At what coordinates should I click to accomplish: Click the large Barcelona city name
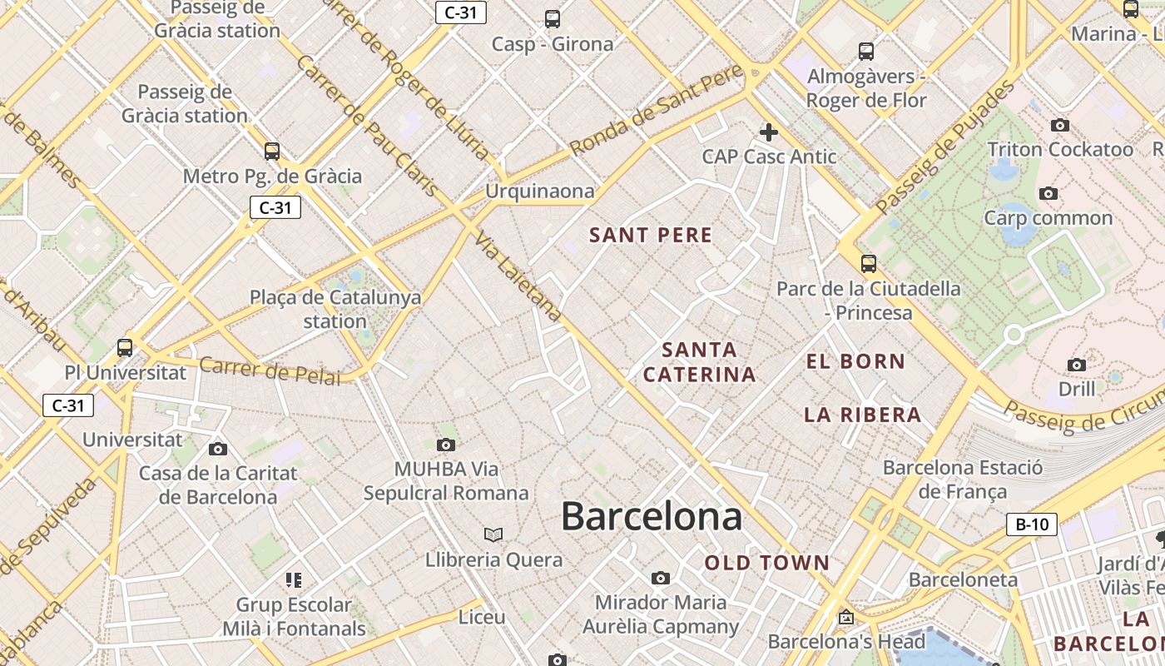651,516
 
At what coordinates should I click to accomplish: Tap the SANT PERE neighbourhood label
651,236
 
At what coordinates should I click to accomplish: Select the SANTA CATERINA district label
699,362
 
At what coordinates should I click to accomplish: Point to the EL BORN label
855,361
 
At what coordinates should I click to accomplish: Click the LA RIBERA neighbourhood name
863,415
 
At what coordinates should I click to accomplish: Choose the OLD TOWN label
767,564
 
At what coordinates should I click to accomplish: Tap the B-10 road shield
1032,524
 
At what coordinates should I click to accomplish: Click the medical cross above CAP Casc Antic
769,132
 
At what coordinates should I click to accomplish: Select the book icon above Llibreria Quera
493,534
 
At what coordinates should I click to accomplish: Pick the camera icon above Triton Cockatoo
1059,126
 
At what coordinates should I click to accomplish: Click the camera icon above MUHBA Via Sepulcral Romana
446,445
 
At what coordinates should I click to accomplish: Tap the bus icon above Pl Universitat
125,348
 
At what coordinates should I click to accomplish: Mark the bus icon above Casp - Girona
552,19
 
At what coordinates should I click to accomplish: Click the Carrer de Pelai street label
270,371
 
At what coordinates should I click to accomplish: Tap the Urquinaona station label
540,191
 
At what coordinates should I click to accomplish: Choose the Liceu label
482,618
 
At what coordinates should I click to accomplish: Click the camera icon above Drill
1076,365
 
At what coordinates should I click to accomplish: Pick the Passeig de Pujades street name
945,147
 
